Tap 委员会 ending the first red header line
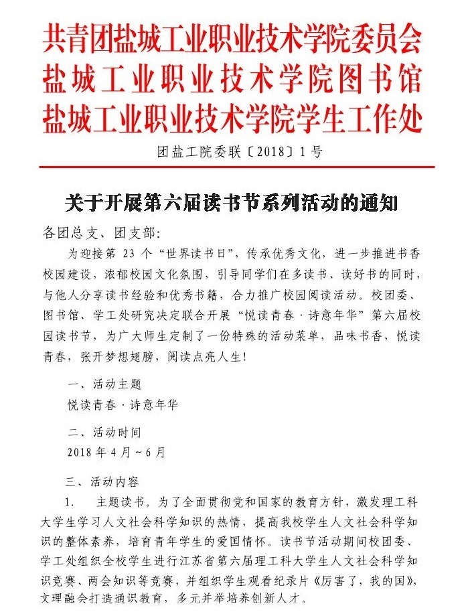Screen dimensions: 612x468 tap(394, 40)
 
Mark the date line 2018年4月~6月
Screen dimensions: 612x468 tap(115, 452)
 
